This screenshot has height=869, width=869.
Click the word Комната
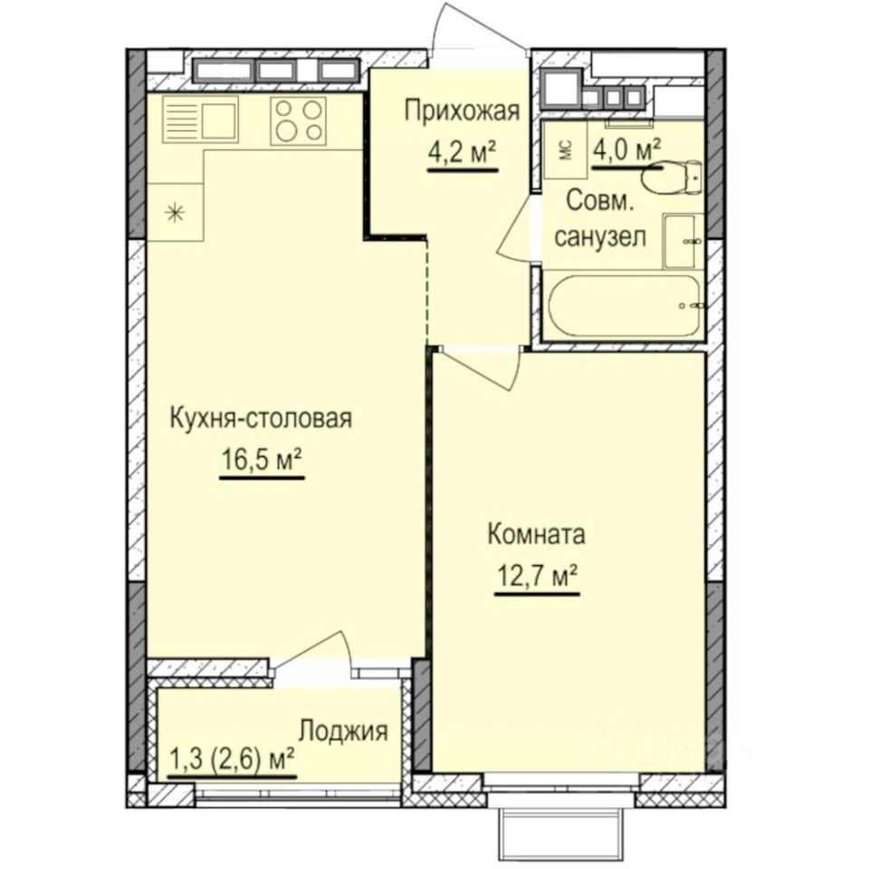[536, 534]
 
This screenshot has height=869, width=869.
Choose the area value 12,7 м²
[536, 575]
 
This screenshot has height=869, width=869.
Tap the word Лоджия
[344, 731]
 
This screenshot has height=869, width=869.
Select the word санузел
[599, 238]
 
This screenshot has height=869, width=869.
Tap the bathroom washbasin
[683, 241]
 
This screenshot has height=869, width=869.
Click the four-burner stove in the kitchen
[300, 120]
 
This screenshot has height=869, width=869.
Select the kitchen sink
[200, 121]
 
